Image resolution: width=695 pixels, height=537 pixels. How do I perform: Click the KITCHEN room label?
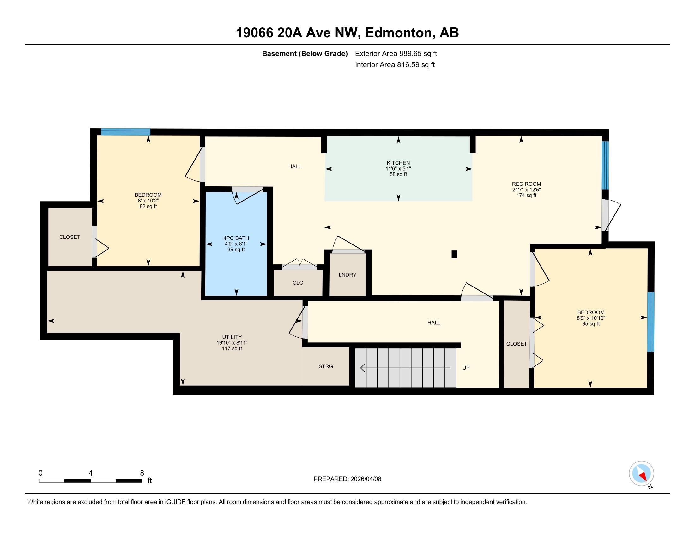pos(398,163)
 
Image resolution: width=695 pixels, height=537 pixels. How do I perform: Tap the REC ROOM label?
pos(526,184)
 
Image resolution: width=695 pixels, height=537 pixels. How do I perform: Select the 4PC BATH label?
pos(236,238)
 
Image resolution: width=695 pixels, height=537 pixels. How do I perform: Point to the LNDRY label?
pos(347,275)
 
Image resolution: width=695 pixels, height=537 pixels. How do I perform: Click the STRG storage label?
pos(326,366)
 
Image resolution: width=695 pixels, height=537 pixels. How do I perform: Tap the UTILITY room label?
pos(232,337)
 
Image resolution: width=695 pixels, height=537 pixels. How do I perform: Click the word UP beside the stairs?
pos(466,368)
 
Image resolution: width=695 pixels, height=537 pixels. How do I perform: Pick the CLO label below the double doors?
pos(298,283)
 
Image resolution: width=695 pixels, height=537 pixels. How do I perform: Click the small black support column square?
pos(454,255)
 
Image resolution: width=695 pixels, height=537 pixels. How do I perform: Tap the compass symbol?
pos(641,473)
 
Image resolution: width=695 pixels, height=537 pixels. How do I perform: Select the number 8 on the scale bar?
pos(142,473)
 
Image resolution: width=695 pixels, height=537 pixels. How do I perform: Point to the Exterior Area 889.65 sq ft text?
pos(396,54)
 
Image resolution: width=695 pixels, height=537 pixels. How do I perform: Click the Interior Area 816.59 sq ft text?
pos(395,65)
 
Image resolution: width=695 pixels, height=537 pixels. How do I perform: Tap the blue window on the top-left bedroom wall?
pos(126,132)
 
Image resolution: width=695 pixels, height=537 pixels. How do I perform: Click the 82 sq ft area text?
pos(148,207)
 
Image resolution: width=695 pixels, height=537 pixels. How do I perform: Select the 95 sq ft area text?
pos(591,324)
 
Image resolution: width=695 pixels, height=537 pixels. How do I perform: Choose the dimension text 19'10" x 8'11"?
pos(232,343)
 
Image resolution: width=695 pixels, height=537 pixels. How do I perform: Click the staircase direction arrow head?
pos(362,368)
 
